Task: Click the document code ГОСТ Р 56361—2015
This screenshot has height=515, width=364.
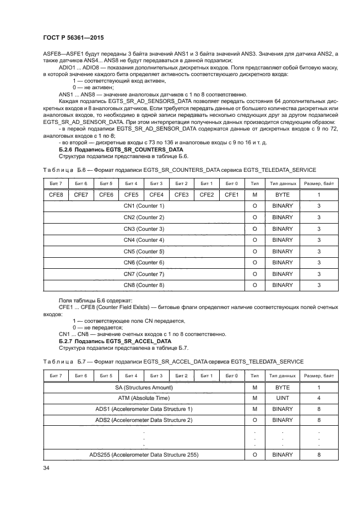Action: click(x=73, y=37)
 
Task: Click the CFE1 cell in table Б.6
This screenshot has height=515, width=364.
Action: click(x=232, y=194)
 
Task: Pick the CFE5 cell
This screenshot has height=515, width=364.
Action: click(x=131, y=194)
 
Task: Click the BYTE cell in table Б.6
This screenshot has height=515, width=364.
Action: click(x=282, y=194)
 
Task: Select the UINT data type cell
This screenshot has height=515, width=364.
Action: click(x=282, y=398)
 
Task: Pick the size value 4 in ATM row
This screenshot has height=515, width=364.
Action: click(x=319, y=398)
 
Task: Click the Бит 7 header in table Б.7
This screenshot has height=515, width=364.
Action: click(x=56, y=375)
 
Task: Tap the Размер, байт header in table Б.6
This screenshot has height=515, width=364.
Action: click(x=319, y=183)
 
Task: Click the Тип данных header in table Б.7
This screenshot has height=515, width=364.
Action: click(x=282, y=375)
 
